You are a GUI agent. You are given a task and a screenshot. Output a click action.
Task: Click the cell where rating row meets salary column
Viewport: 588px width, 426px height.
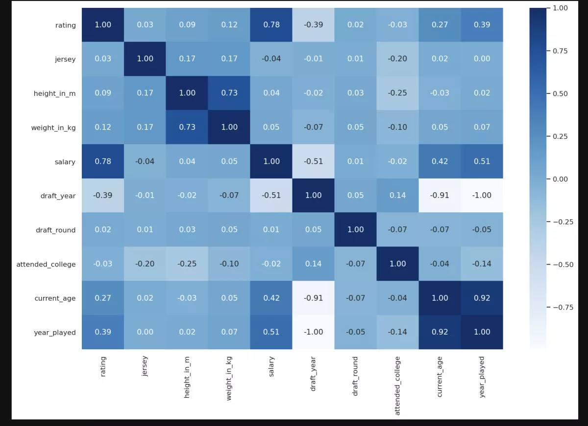(x=271, y=24)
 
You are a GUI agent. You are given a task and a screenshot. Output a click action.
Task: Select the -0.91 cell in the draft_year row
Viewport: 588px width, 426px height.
(x=440, y=195)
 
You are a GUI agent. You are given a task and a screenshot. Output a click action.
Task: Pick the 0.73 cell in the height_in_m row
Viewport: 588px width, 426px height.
(x=229, y=93)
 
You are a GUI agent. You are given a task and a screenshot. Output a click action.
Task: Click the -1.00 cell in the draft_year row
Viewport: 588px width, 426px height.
(x=482, y=195)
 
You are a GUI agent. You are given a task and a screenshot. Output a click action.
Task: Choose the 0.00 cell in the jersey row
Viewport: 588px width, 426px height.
(x=482, y=59)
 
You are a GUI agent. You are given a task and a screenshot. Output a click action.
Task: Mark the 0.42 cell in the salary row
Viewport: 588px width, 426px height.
(x=440, y=161)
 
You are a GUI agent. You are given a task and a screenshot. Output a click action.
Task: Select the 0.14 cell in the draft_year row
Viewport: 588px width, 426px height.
(x=398, y=195)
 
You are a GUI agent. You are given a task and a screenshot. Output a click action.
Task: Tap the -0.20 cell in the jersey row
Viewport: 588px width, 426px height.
(x=398, y=59)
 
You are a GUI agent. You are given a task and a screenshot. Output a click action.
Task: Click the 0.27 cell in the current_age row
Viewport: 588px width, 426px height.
(x=103, y=298)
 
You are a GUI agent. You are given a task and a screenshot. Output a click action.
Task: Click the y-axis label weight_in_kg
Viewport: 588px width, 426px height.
(x=53, y=127)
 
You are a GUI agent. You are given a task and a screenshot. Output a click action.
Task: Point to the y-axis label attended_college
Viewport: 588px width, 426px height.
(x=46, y=264)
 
